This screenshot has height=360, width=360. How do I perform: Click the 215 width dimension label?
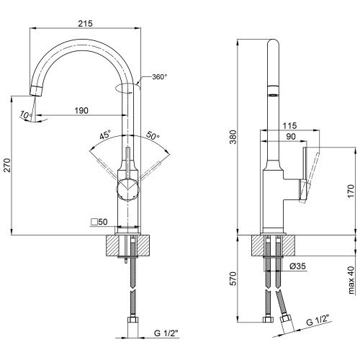click(85, 24)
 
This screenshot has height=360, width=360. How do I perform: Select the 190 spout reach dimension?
click(81, 111)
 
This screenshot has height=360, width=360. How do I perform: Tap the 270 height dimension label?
click(8, 165)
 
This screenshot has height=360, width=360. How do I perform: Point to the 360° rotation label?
click(160, 77)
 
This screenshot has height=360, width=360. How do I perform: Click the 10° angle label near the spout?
click(26, 114)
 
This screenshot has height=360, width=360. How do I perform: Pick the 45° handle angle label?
click(105, 135)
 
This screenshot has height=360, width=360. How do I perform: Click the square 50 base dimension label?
click(99, 222)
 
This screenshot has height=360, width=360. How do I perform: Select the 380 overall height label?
click(233, 137)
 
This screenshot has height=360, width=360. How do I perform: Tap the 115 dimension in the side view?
click(289, 125)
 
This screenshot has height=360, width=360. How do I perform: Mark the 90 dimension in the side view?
click(291, 137)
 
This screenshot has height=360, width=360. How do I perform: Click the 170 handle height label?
click(351, 191)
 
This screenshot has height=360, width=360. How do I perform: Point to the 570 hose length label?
click(233, 279)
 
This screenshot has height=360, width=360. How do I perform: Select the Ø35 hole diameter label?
click(297, 266)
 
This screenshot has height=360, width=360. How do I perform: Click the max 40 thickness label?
click(351, 280)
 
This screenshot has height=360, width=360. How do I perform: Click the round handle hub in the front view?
click(127, 189)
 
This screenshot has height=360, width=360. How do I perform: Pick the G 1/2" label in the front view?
click(166, 333)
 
